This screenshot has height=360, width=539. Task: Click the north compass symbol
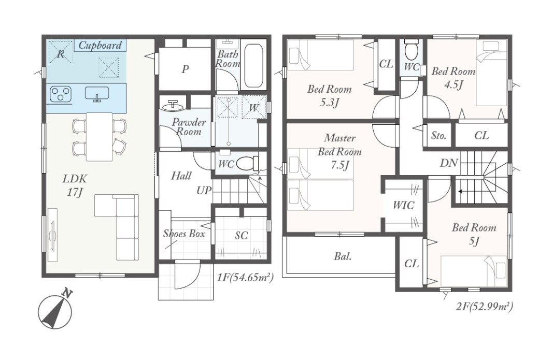pyautogui.click(x=55, y=311)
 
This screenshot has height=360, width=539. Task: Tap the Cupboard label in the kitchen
pyautogui.click(x=100, y=46)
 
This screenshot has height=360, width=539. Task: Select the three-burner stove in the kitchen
pyautogui.click(x=61, y=94)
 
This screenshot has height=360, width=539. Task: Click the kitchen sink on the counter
pyautogui.click(x=97, y=94)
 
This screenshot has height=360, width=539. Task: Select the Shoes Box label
pyautogui.click(x=185, y=234)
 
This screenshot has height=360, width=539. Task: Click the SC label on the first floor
pyautogui.click(x=242, y=236)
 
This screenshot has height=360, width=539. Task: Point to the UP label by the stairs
pyautogui.click(x=204, y=191)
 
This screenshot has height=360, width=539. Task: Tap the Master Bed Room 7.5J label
pyautogui.click(x=339, y=151)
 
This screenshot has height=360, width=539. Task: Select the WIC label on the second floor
pyautogui.click(x=404, y=206)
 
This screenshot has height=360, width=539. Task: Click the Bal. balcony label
pyautogui.click(x=343, y=256)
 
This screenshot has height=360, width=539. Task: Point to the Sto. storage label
pyautogui.click(x=438, y=135)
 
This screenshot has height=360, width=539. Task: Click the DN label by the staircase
pyautogui.click(x=449, y=163)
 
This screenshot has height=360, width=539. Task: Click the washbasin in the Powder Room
pyautogui.click(x=173, y=106)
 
